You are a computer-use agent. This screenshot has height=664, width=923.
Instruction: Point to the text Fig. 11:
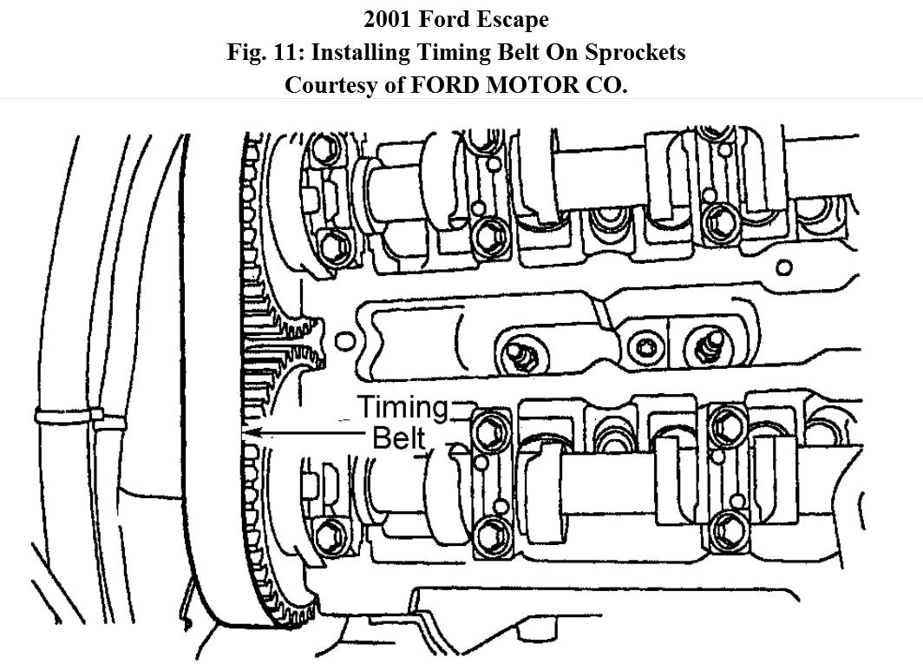[x=265, y=52]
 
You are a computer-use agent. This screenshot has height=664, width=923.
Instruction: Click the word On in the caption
[x=563, y=52]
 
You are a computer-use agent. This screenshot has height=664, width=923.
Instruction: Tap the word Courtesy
[x=329, y=86]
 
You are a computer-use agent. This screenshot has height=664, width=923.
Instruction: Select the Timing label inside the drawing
[x=403, y=406]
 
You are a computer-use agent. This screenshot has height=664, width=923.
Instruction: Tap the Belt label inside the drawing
[x=399, y=437]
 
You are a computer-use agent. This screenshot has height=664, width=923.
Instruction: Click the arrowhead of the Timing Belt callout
[x=250, y=431]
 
